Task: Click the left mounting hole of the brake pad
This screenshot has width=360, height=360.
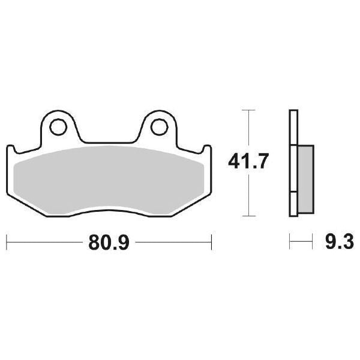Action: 58,127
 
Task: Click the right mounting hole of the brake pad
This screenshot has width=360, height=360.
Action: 158,127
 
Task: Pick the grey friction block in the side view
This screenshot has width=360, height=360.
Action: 305,178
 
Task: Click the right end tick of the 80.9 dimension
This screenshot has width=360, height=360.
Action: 212,244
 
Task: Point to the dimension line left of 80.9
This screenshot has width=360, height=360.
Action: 42,244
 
